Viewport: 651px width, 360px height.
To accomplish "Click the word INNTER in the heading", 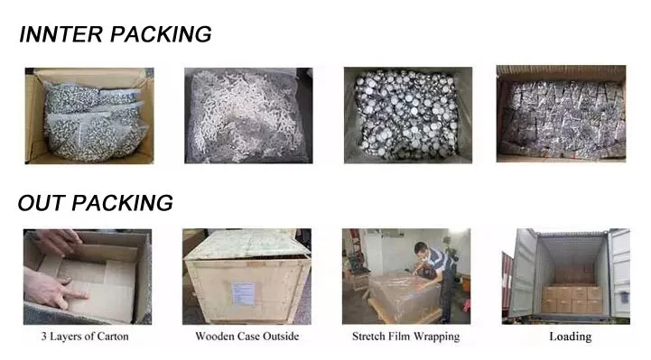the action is point(61,34).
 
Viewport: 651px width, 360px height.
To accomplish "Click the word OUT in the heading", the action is point(41,203).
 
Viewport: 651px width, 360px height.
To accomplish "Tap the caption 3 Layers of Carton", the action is point(85,337).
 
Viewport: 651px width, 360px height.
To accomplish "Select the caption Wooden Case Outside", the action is point(247,337).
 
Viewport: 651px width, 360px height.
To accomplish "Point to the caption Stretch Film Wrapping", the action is point(406,337).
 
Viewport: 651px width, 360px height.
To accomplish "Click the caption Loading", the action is point(571,337).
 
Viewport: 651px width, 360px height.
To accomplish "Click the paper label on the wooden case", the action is point(243,293).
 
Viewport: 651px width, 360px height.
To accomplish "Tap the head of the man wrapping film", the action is point(421,250).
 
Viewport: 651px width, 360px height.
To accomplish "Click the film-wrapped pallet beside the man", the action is point(404,296).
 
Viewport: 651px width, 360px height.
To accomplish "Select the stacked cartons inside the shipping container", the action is point(572,299).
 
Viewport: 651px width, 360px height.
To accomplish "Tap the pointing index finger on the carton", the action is point(76,294).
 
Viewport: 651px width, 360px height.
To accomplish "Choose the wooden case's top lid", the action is point(247,245).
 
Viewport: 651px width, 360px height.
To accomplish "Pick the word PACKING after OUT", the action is point(122,203).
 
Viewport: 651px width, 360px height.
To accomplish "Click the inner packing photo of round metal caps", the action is point(408,115).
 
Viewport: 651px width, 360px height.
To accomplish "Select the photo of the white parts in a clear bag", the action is point(248,115).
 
